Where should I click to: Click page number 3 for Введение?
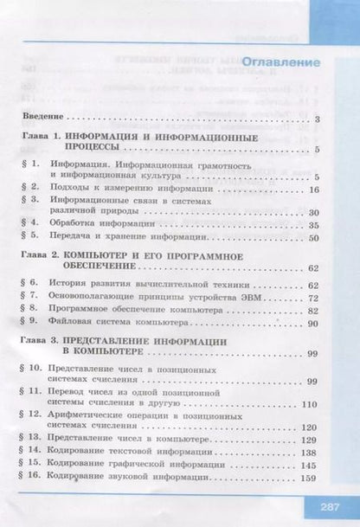click(318, 119)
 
